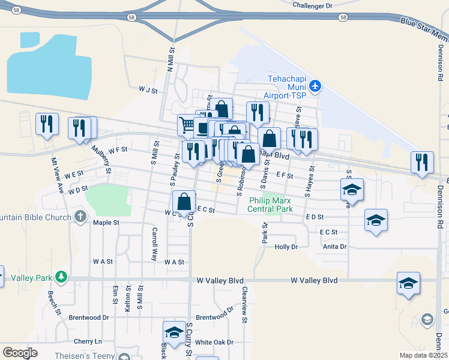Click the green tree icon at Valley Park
61,277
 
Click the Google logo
20,352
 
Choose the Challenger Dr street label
312,5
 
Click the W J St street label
147,91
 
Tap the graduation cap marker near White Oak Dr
174,332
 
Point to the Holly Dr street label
286,247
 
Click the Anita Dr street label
335,246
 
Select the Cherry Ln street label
88,341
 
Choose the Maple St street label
106,223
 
